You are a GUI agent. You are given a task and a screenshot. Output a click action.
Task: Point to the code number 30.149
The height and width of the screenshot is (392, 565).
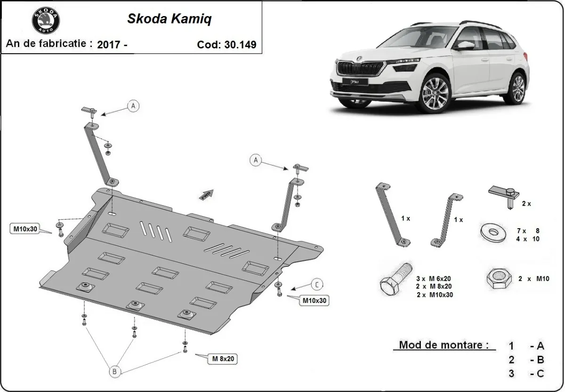(239, 45)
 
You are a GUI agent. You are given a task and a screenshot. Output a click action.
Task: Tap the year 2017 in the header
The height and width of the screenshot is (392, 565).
(108, 45)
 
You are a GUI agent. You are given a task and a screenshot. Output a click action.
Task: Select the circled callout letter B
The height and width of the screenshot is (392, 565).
(114, 372)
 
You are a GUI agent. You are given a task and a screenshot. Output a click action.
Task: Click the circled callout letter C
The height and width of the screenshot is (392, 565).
(317, 284)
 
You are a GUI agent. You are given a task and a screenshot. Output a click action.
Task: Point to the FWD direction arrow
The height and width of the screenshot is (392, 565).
(206, 195)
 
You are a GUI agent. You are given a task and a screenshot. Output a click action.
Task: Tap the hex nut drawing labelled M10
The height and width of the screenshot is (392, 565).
(498, 279)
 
